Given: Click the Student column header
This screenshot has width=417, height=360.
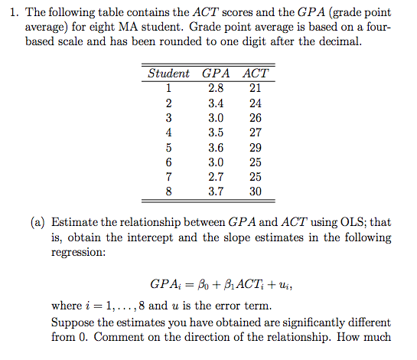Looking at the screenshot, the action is tap(168, 74).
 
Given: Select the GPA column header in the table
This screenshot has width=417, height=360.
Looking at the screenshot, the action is tap(216, 74).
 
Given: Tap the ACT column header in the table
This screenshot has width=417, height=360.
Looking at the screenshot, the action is tap(255, 74).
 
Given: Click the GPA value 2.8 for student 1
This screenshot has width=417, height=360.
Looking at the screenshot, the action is tap(216, 88).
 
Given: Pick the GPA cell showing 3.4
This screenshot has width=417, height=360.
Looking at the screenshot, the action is tap(216, 103).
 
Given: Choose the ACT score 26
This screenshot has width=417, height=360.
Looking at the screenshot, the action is tap(256, 118).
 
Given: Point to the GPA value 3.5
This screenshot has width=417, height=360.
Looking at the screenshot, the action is tap(216, 133).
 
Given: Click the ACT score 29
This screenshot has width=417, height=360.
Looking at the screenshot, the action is tap(256, 147).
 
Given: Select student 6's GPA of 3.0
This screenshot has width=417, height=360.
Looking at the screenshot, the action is tap(216, 162).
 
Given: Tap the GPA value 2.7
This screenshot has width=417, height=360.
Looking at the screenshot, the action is tap(216, 177).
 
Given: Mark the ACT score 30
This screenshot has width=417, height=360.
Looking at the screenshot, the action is tap(256, 191).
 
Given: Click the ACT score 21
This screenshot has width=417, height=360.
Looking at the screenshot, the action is tap(256, 88).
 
